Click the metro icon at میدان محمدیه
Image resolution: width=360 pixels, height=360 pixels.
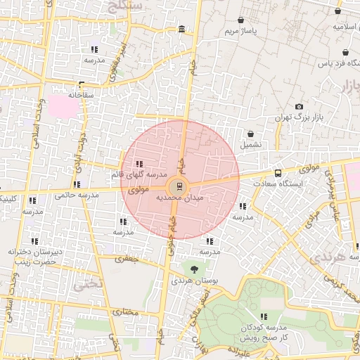point(180,186)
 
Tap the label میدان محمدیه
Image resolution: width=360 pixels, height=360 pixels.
point(179,198)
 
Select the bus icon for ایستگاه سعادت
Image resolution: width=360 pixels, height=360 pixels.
point(278,172)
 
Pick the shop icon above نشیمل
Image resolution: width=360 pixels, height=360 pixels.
point(251,133)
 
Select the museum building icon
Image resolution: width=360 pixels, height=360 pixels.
point(182,29)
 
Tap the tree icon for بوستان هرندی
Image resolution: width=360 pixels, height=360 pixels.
point(194,269)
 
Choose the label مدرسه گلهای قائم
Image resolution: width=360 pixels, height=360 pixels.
point(139,174)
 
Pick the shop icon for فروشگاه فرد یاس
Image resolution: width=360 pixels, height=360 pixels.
point(345,53)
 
